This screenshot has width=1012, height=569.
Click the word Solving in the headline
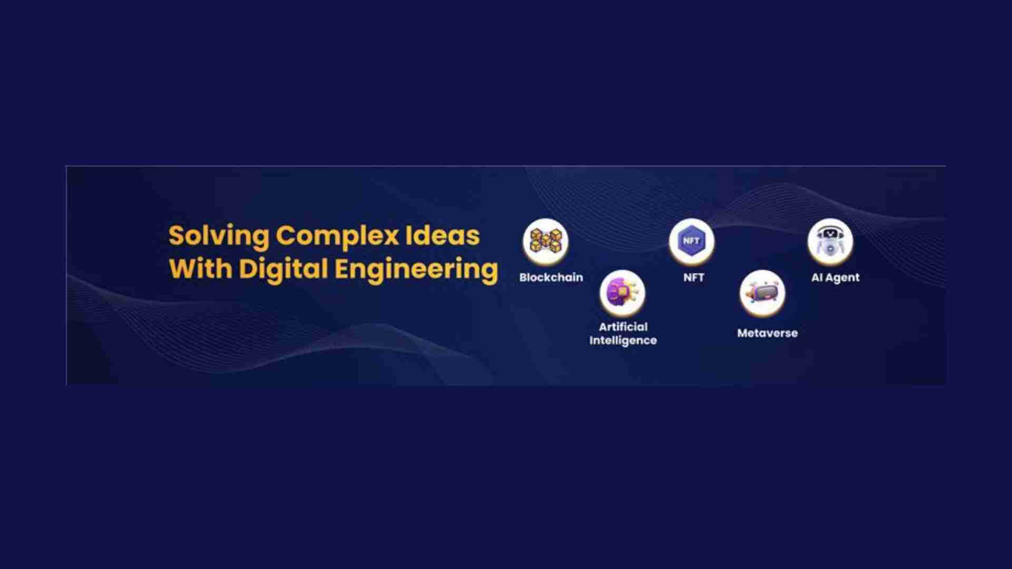[219, 237]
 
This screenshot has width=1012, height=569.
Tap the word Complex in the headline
[337, 237]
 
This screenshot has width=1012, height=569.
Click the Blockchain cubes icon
[546, 241]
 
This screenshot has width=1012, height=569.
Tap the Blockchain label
[551, 277]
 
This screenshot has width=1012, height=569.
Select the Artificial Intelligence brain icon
[622, 293]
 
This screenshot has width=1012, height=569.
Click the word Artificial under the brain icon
[623, 327]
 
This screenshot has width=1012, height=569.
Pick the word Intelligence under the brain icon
[623, 340]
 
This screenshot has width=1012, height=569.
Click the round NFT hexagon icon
[692, 241]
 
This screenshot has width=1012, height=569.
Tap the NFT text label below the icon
[694, 277]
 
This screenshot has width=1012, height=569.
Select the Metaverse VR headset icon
[762, 293]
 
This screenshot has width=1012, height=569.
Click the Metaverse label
[767, 333]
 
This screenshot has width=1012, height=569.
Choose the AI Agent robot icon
[830, 241]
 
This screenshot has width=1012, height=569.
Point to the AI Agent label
[835, 278]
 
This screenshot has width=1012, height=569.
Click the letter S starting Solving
[176, 236]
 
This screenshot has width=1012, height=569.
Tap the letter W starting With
[182, 268]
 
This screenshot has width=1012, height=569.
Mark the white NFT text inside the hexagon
[692, 241]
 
